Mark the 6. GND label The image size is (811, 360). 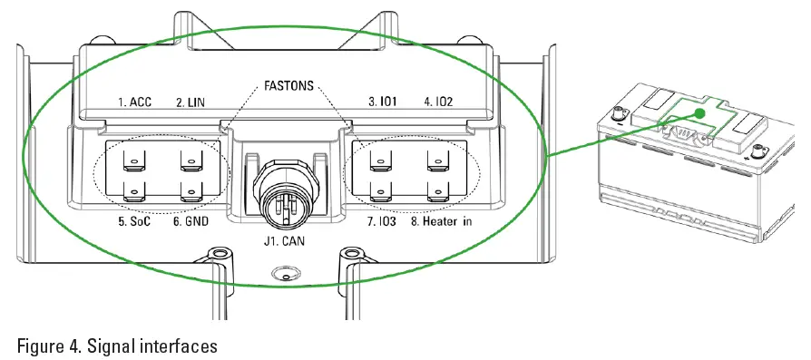[x=191, y=220]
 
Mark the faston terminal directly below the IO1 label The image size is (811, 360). [x=379, y=161]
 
